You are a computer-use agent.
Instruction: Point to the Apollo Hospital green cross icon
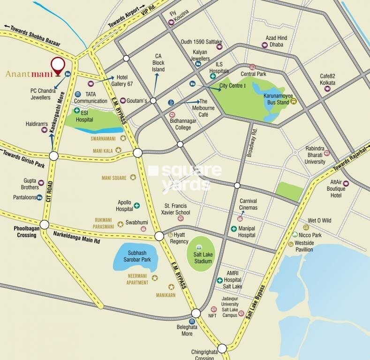137,205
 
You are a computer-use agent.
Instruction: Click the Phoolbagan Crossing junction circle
44,225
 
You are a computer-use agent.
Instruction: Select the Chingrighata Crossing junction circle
222,348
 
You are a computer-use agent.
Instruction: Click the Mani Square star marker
133,178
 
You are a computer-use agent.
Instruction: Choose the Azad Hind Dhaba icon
264,45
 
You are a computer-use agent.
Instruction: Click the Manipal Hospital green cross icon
234,229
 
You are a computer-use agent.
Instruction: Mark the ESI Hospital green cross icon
77,111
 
